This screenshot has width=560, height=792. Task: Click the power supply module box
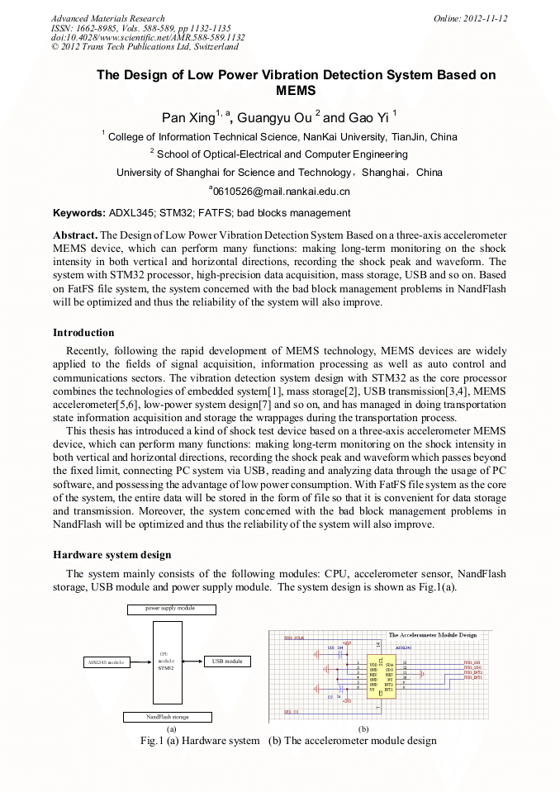pyautogui.click(x=170, y=609)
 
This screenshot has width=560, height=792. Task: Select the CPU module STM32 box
pyautogui.click(x=166, y=662)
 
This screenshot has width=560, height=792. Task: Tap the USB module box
pyautogui.click(x=227, y=662)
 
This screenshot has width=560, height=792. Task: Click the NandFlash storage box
pyautogui.click(x=168, y=717)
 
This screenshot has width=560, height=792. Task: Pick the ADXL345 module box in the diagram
pyautogui.click(x=105, y=662)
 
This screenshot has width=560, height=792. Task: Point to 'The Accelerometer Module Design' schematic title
pyautogui.click(x=432, y=635)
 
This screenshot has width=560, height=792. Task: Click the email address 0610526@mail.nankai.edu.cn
pyautogui.click(x=279, y=192)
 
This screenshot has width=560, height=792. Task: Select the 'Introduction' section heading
pyautogui.click(x=83, y=333)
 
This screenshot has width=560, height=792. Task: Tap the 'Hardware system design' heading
pyautogui.click(x=112, y=554)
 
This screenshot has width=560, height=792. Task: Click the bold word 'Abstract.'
pyautogui.click(x=75, y=235)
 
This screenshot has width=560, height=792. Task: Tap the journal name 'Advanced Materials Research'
pyautogui.click(x=107, y=18)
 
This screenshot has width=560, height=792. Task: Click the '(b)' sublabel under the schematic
pyautogui.click(x=363, y=729)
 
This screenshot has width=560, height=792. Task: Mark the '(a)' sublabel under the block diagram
pyautogui.click(x=171, y=729)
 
